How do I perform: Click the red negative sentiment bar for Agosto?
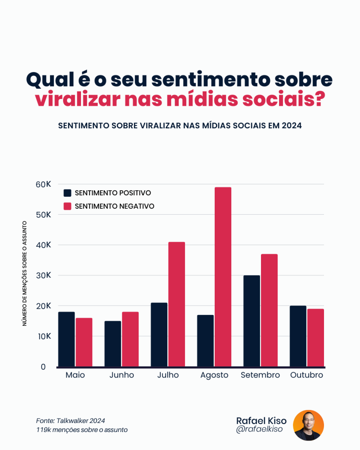coord(223,277)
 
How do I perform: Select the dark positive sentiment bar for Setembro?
coord(252,321)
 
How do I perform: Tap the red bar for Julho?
coord(176,304)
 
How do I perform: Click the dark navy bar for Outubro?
coord(298,336)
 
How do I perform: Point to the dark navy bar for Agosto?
coord(205,341)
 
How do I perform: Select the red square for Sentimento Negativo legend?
coord(67,206)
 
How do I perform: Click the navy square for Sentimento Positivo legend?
coord(67,193)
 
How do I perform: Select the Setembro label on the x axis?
coord(260,375)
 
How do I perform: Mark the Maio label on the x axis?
coord(75,375)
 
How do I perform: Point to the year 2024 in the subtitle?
coord(291,126)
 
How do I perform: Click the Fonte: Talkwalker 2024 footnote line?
coord(71,420)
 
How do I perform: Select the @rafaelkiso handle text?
coord(259,430)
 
